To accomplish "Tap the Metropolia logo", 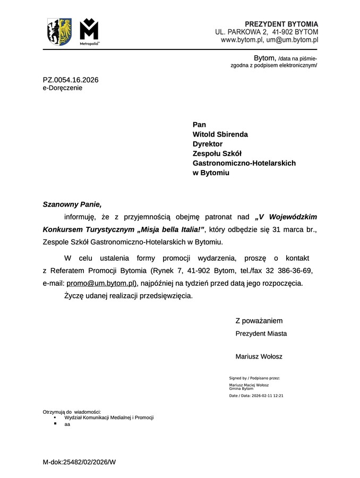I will click(x=89, y=32).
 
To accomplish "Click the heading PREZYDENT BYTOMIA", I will click(x=281, y=24).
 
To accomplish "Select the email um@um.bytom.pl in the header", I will click(x=292, y=39).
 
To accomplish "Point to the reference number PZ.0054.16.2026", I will click(x=71, y=80).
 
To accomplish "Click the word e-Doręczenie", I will click(x=63, y=88).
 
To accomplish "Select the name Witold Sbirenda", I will click(x=220, y=134).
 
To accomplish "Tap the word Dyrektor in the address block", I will click(x=208, y=144).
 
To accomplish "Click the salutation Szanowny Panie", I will click(x=72, y=204).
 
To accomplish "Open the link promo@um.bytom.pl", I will click(x=101, y=283).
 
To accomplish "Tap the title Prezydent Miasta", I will click(x=261, y=334).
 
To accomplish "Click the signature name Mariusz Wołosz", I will click(x=259, y=356).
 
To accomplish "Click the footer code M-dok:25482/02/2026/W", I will click(x=79, y=462).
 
